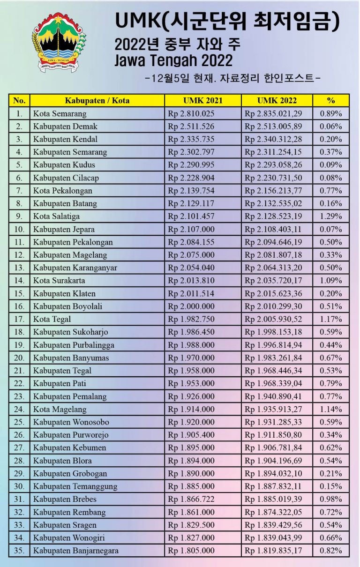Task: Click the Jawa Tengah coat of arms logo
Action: click(x=59, y=42)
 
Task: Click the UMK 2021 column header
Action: click(x=202, y=100)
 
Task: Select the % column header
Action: click(x=331, y=100)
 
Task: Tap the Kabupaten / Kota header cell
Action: click(x=97, y=100)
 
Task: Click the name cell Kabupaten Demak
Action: click(x=65, y=127)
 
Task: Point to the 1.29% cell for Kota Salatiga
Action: click(x=331, y=216)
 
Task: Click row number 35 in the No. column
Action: click(x=19, y=551)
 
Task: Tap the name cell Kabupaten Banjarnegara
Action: click(x=75, y=551)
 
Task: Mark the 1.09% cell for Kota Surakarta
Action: click(x=331, y=281)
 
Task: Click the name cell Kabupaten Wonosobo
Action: click(x=71, y=422)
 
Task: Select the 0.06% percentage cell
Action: click(x=331, y=127)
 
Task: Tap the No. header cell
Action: click(x=19, y=100)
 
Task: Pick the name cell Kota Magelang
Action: click(x=60, y=409)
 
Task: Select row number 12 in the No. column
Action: click(x=19, y=255)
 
